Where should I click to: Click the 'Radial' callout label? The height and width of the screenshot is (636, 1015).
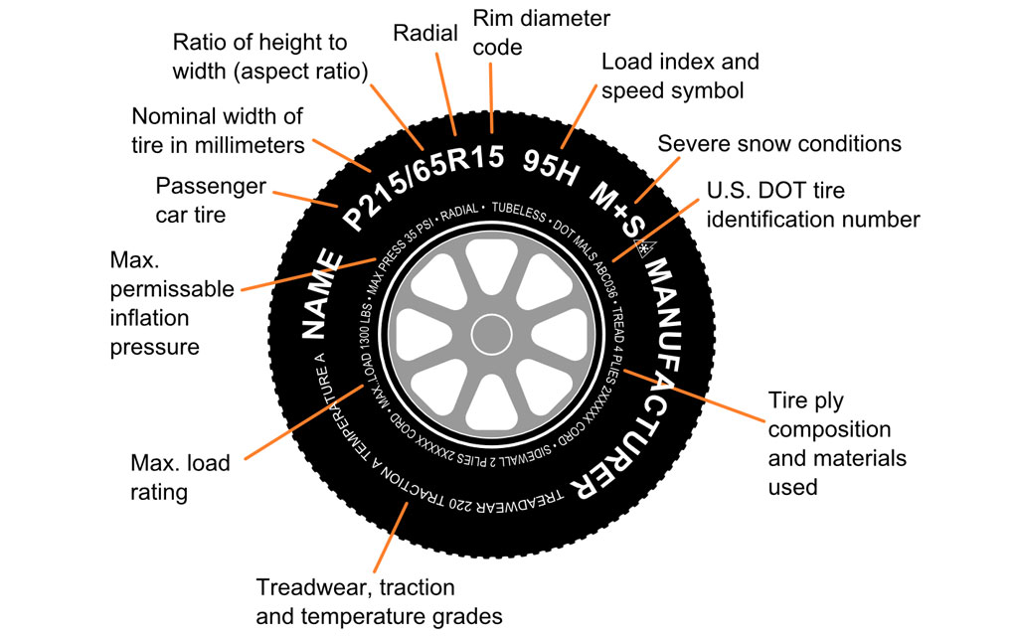point(425,33)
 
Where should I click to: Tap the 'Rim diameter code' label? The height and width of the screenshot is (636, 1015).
point(541,32)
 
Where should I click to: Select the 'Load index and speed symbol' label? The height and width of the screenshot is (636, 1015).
point(680,75)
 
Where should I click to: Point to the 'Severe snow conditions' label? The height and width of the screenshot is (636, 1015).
point(779,143)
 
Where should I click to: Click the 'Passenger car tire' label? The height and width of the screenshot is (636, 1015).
point(211,199)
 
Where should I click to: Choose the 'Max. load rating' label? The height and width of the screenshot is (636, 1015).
point(180,476)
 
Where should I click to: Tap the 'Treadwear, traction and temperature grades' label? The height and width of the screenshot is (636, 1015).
point(378,600)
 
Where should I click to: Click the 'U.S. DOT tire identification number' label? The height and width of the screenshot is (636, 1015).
point(812,204)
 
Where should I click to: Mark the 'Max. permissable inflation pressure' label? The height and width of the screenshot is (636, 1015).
point(171,304)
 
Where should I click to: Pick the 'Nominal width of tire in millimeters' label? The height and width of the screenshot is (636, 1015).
point(218,130)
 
